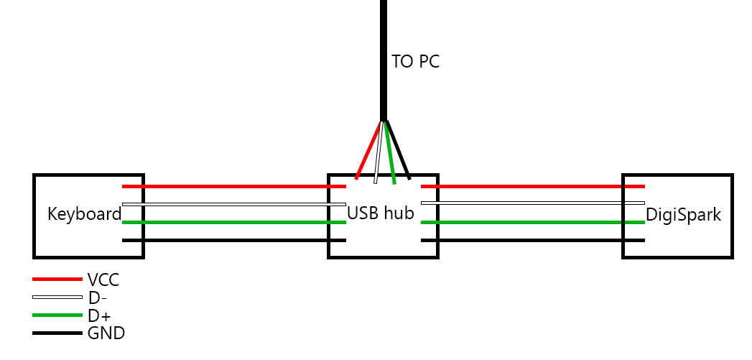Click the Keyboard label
point(85,214)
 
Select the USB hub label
point(381,213)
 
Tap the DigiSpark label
point(683,214)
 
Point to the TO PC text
point(415,62)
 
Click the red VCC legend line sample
point(57,279)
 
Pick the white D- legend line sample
point(57,297)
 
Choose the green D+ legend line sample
point(57,315)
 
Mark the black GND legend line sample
point(57,333)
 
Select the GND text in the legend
point(106,333)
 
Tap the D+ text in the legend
point(99,315)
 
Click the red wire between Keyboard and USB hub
point(233,186)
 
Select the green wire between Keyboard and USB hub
point(233,222)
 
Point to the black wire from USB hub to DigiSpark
point(531,240)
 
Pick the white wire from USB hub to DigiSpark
point(531,203)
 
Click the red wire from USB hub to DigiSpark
point(531,186)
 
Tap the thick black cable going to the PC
point(384,57)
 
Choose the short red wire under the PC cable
point(368,149)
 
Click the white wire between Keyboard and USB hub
point(233,204)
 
